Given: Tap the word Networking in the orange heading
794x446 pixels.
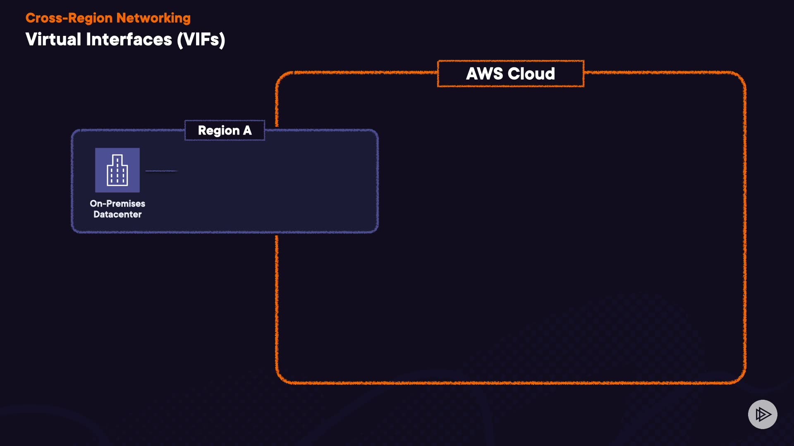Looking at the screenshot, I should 153,18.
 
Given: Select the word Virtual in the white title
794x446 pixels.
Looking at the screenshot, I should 53,40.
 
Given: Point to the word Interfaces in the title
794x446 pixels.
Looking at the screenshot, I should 129,40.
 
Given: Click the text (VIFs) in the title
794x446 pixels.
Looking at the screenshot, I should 201,40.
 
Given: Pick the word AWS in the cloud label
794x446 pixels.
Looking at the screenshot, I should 484,74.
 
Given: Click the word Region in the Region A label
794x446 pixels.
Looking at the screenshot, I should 219,130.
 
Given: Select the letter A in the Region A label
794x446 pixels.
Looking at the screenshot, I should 247,130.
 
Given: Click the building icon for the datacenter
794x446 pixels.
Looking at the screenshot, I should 117,170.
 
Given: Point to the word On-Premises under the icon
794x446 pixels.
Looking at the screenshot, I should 117,204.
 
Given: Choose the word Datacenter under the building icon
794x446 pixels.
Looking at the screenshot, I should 117,214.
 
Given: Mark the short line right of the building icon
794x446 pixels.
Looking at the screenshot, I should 161,171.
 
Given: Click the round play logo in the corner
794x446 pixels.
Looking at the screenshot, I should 763,414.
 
